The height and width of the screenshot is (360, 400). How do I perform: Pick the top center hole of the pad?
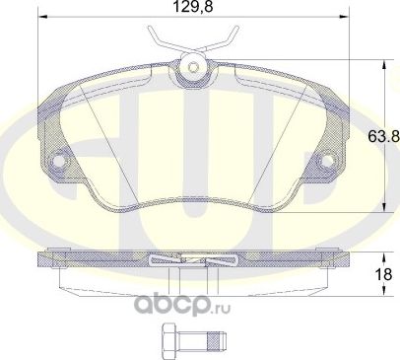point(193,68)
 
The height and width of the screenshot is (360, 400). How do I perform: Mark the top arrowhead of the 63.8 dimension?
point(382,64)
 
